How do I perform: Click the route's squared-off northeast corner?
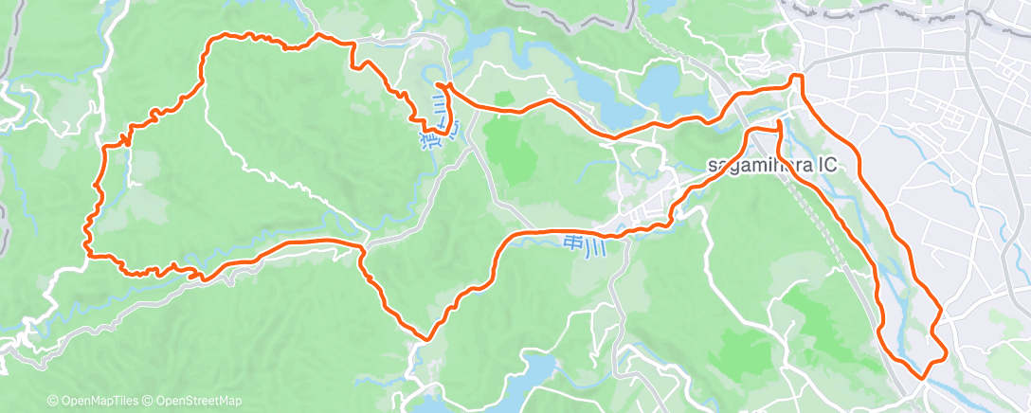[797, 76]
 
